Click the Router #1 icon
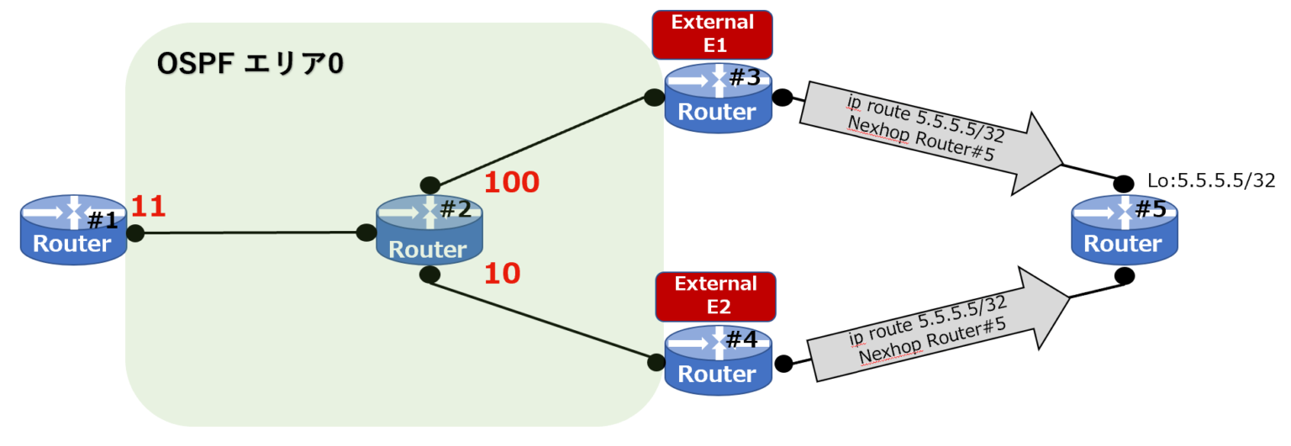(74, 230)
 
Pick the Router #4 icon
(717, 360)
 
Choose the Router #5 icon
(1123, 228)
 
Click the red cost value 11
(149, 207)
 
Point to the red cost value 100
(512, 182)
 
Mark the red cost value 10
(503, 273)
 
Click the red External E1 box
(712, 34)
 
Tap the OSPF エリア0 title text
(250, 65)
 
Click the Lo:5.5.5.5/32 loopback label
(1210, 181)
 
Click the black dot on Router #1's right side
(134, 233)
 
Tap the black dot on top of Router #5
(1124, 183)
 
